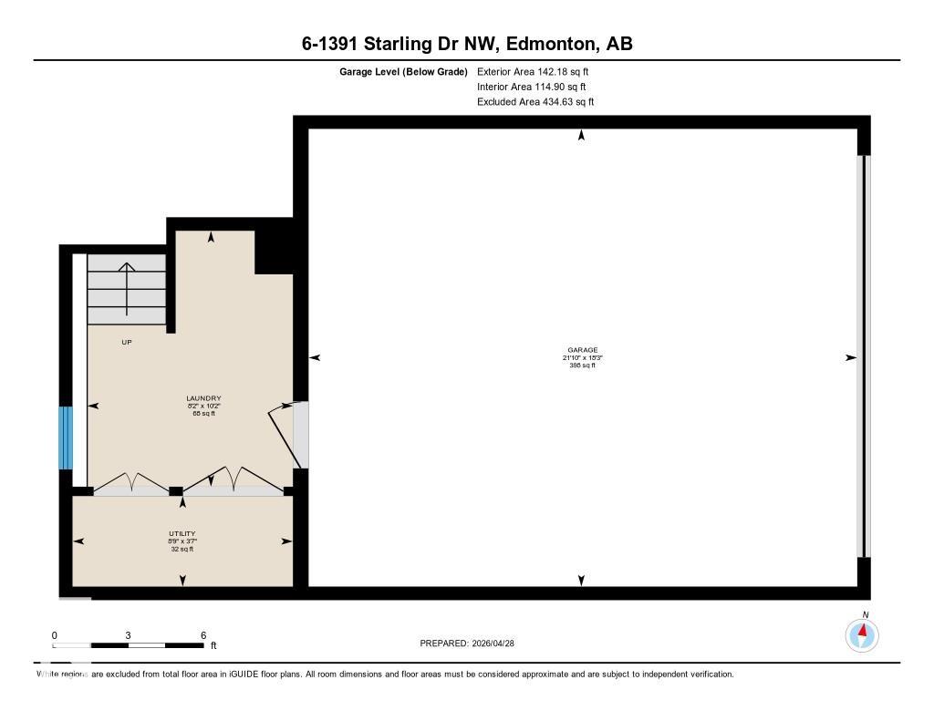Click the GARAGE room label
582,350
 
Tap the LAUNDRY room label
203,398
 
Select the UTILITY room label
182,534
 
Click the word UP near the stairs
127,343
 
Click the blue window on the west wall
65,438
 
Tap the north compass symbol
862,633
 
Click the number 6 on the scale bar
203,635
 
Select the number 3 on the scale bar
129,635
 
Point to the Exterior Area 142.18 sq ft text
526,71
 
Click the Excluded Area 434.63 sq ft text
535,102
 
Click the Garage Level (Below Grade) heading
403,71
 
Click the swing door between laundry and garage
286,435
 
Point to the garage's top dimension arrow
581,136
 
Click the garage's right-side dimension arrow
850,358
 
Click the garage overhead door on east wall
863,355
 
